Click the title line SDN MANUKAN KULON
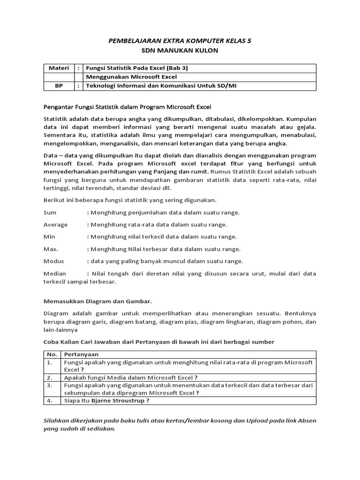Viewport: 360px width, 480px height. pyautogui.click(x=180, y=51)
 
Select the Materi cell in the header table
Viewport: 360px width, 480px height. pyautogui.click(x=59, y=68)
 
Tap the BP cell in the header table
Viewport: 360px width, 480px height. pyautogui.click(x=59, y=85)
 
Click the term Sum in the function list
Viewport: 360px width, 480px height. pyautogui.click(x=50, y=212)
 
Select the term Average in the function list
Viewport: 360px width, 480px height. pyautogui.click(x=55, y=225)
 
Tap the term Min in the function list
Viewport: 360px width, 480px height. pyautogui.click(x=49, y=237)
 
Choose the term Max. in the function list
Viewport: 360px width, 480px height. pyautogui.click(x=50, y=249)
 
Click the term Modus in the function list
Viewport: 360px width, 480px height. pyautogui.click(x=53, y=261)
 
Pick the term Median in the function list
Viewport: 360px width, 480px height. pyautogui.click(x=55, y=273)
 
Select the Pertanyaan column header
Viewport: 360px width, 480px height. pyautogui.click(x=81, y=354)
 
